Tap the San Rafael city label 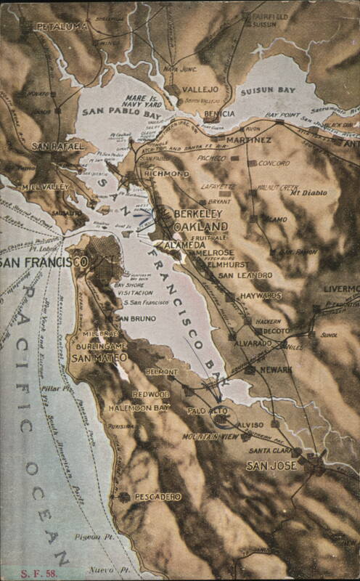pos(57,146)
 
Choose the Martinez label pos(247,139)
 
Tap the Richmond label pos(166,174)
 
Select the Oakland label pos(201,227)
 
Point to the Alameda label pos(184,245)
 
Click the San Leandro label pos(245,275)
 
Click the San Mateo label pos(99,357)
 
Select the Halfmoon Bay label pos(139,408)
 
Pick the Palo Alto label pos(208,410)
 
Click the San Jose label pos(271,466)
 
